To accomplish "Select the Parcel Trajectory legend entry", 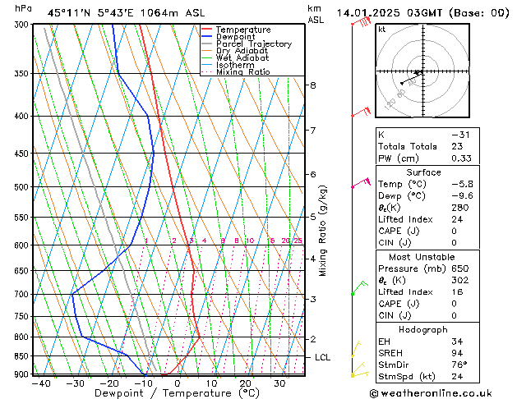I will point(253,44).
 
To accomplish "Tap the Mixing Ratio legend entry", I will point(242,72).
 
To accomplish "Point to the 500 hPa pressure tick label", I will point(22,187).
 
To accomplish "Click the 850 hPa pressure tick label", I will point(22,356).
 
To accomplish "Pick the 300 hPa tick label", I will point(22,25).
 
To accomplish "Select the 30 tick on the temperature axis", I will point(280,383).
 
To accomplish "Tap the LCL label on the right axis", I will point(323,358).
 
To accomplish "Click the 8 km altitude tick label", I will point(312,85).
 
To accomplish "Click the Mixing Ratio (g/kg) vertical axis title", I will point(322,231).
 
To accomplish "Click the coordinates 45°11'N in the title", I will point(69,12).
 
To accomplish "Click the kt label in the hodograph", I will point(382,29).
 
